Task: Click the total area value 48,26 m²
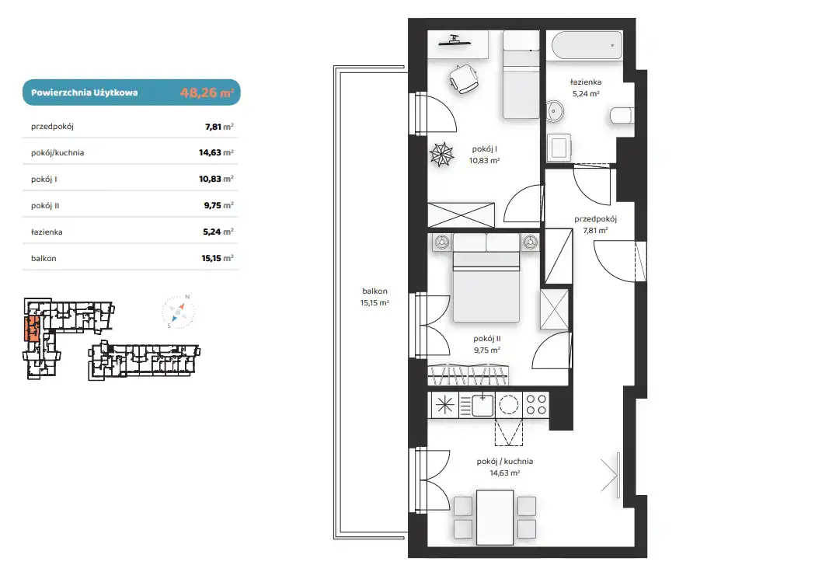[207, 92]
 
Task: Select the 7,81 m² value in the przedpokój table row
[219, 127]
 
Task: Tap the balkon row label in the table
[44, 259]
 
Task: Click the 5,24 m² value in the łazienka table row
[218, 232]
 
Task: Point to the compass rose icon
[178, 312]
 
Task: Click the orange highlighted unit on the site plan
[31, 327]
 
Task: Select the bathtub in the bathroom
[587, 45]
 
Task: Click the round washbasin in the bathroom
[555, 112]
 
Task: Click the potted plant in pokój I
[442, 155]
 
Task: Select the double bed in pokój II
[486, 278]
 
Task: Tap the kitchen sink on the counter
[482, 405]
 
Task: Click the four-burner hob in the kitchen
[536, 405]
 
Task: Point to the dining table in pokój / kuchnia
[495, 517]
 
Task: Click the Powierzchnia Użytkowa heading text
[84, 92]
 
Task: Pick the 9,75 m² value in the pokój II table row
[218, 205]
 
